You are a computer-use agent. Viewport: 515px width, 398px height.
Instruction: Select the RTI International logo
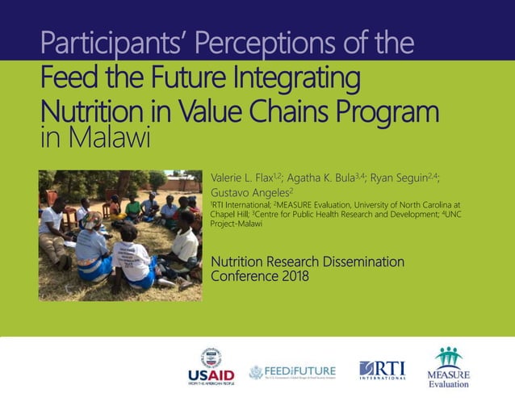[382, 370]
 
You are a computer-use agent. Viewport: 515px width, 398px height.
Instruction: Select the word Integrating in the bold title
[291, 81]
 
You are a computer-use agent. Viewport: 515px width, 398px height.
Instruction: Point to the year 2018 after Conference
[292, 276]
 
